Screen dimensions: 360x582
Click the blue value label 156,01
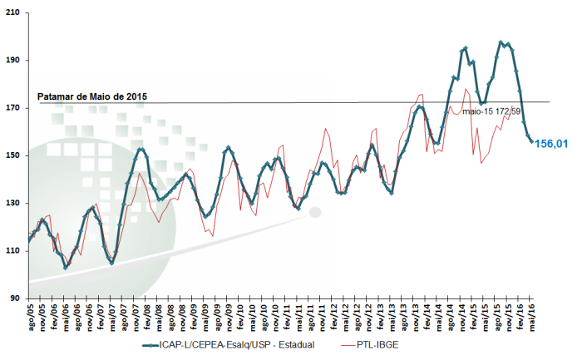click(551, 144)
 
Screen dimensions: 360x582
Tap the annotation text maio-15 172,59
click(492, 111)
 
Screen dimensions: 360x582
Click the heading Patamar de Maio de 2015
click(92, 97)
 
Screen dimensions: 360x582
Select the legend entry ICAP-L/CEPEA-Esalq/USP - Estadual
click(236, 344)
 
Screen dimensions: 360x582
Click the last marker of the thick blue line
click(532, 141)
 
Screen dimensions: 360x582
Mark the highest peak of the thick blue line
click(501, 42)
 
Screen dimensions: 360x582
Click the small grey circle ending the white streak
click(314, 212)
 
